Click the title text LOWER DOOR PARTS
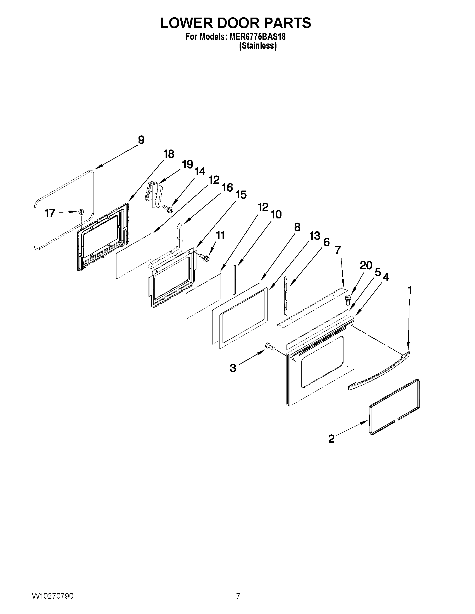coord(235,23)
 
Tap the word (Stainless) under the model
coord(257,46)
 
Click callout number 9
coord(141,140)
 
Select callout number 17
coord(50,213)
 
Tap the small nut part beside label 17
coord(82,212)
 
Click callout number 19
coord(187,164)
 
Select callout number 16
coord(227,187)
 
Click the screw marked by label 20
coord(348,300)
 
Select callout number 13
coord(314,236)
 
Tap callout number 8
coord(297,227)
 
